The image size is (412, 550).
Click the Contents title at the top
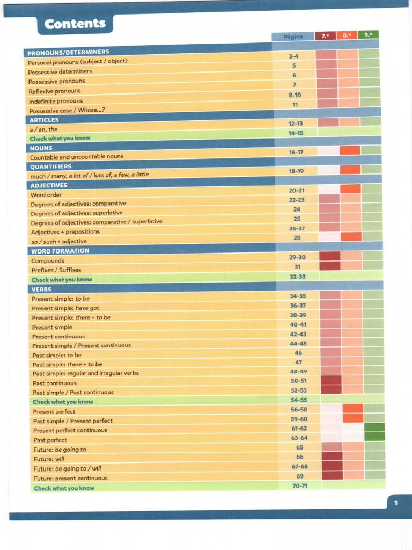(75, 24)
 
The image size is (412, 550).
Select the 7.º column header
(325, 36)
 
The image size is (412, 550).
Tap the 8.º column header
(347, 35)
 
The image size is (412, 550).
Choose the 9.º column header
(367, 35)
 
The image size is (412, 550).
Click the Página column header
(293, 37)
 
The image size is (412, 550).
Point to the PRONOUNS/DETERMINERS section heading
(68, 52)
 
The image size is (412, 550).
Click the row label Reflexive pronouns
(54, 91)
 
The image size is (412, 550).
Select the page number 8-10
(295, 95)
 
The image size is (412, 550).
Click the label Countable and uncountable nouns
(76, 157)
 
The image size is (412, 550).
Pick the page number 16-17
(296, 153)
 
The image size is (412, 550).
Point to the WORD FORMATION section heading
(60, 251)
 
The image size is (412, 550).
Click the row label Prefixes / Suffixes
(56, 270)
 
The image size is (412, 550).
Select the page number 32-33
(297, 277)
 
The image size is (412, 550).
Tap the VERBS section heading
(41, 289)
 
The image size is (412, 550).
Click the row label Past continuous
(54, 383)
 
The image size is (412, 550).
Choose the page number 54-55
(299, 400)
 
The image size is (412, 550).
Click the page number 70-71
(299, 486)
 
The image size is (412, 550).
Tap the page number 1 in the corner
(395, 503)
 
